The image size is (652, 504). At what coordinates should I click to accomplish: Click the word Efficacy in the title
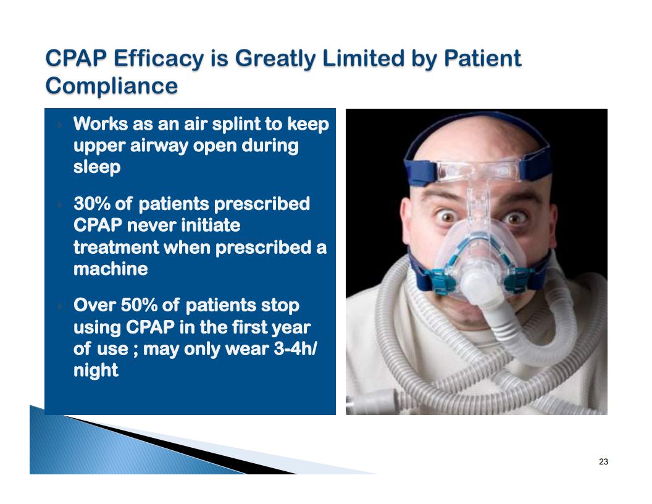coord(159,58)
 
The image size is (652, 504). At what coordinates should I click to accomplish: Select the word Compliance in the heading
coord(112,86)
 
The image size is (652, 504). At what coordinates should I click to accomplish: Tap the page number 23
coord(603,461)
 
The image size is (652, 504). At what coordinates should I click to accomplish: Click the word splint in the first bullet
coord(236,124)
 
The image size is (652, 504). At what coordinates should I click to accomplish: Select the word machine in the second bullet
coord(111,269)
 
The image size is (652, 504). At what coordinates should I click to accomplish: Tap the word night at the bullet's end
coord(96,370)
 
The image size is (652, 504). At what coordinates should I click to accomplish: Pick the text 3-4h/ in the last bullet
coord(295,348)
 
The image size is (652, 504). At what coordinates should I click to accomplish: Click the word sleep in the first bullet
coord(97,167)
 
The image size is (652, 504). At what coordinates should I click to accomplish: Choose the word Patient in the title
coord(482,58)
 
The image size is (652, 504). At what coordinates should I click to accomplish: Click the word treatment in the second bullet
coord(116,248)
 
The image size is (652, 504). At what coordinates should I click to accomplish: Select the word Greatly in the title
coord(275,58)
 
